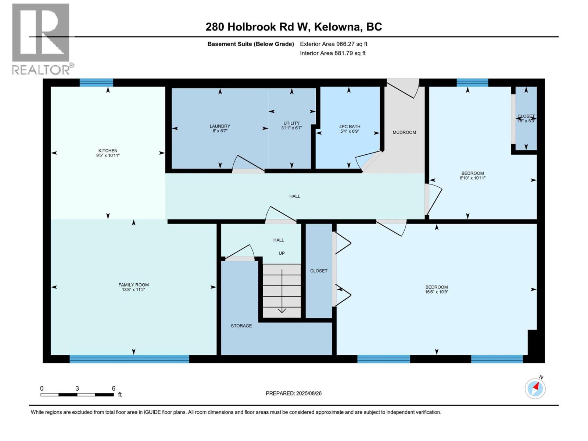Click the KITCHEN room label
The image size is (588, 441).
(x=108, y=151)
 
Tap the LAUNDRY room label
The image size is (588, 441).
(x=220, y=126)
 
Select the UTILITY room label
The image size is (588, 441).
(x=291, y=123)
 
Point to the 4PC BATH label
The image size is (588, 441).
(x=349, y=126)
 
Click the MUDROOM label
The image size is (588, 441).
(x=404, y=132)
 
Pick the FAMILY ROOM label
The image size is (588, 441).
(x=133, y=285)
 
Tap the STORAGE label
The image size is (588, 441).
(x=241, y=326)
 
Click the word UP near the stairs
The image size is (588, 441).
(x=282, y=253)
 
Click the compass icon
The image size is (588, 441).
(x=535, y=388)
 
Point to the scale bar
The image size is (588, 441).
(x=77, y=395)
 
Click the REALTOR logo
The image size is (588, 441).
(x=41, y=39)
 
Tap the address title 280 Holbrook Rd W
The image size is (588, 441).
(x=294, y=27)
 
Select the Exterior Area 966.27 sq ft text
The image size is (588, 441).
(x=333, y=44)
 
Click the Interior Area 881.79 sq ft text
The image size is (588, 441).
(x=333, y=53)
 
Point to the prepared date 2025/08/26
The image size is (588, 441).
(x=294, y=393)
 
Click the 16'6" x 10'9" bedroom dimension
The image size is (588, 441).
(x=437, y=292)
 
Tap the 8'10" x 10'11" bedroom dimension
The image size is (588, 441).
(x=473, y=178)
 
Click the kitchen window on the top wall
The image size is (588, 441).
(x=96, y=82)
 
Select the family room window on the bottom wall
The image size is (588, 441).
(x=129, y=359)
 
